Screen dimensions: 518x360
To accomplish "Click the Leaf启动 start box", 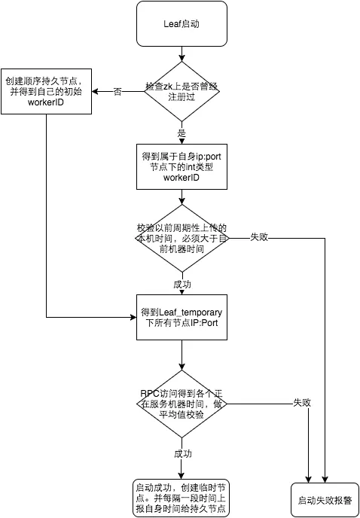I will click(182, 23).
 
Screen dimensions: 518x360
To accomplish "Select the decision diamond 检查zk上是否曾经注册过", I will click(182, 91).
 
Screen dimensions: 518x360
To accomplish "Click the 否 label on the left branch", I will click(117, 91).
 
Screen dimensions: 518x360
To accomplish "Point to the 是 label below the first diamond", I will click(182, 133).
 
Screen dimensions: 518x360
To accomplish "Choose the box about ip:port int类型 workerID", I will click(182, 166).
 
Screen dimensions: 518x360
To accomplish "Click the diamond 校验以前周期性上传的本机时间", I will click(182, 237).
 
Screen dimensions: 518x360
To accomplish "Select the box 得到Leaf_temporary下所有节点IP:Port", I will click(182, 317).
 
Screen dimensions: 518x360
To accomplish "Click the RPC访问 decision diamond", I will click(182, 403).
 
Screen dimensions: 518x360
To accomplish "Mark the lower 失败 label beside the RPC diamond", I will click(302, 403).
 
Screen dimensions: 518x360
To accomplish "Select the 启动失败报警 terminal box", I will click(325, 499).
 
